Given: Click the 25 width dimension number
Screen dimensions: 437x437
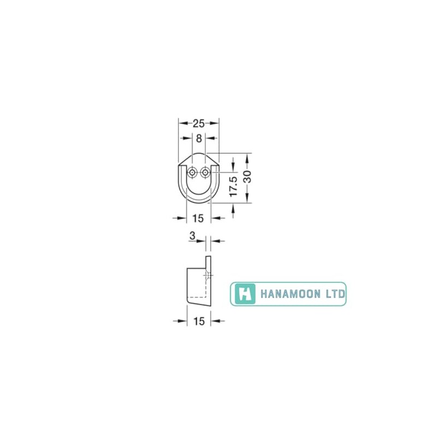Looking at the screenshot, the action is [199, 123].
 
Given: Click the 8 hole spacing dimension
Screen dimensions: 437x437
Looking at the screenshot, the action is [199, 138].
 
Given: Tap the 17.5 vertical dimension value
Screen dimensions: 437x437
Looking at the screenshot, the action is [233, 186].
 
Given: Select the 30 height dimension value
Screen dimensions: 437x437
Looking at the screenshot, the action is [247, 176].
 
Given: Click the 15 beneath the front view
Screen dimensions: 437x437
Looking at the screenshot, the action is [198, 218].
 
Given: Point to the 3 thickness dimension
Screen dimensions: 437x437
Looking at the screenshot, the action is [192, 236].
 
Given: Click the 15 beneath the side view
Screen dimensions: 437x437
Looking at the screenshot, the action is [199, 321].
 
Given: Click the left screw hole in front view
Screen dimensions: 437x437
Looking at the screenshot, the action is [192, 173].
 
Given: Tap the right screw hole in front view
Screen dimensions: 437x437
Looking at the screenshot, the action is [205, 173].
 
